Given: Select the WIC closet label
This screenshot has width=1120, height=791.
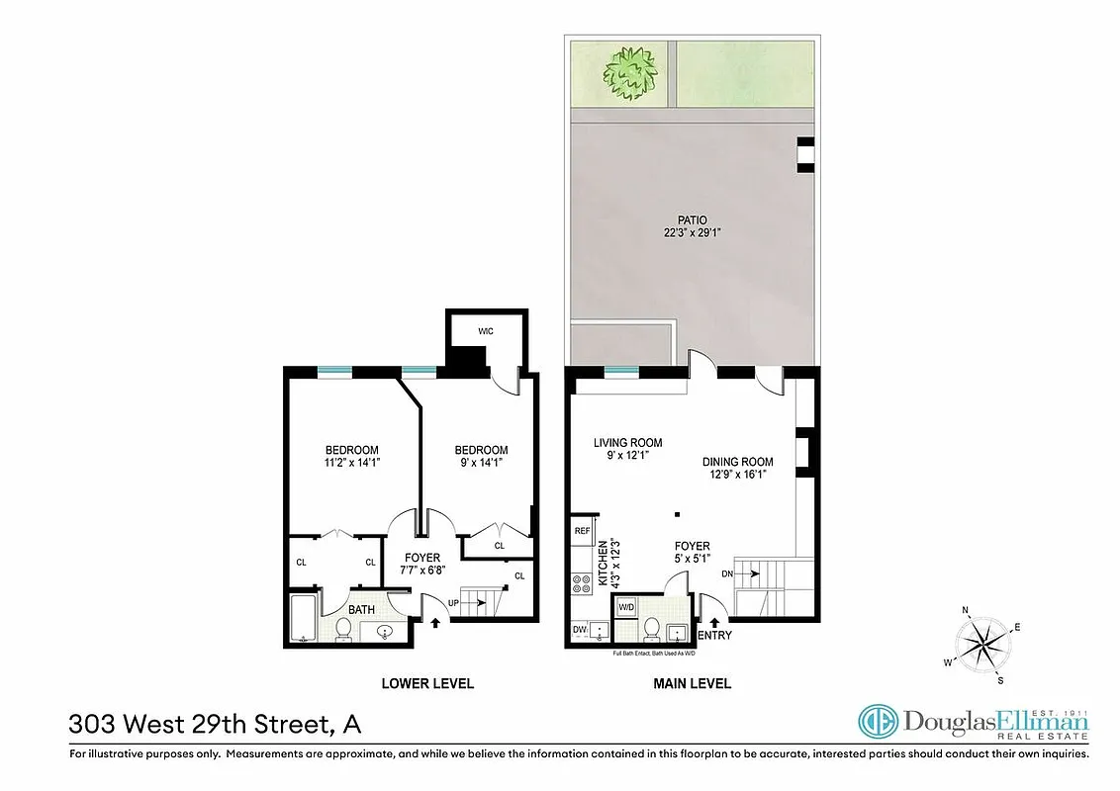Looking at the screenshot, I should (x=485, y=331).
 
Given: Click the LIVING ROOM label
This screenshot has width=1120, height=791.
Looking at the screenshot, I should (x=627, y=443).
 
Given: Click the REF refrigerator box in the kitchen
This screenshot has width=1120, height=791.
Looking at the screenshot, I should (x=582, y=531).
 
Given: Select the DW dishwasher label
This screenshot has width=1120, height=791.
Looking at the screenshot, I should (x=579, y=629).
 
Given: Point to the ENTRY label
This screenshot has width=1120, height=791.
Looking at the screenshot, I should (x=715, y=635).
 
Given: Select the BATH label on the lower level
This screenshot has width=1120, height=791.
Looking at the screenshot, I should (x=361, y=610).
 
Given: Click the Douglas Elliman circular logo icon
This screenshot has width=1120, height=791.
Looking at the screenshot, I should (x=877, y=722).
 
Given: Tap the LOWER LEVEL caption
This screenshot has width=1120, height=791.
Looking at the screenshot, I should (x=427, y=683).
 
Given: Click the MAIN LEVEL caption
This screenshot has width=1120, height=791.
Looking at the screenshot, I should (x=692, y=683).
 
